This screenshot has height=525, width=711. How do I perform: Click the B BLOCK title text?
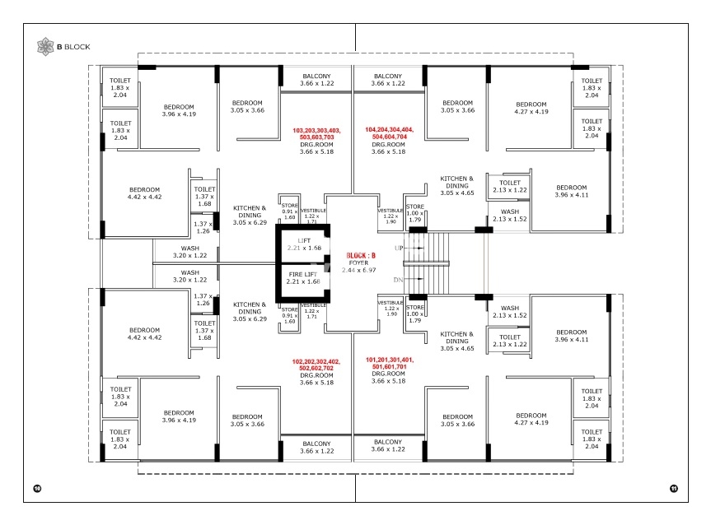(73, 46)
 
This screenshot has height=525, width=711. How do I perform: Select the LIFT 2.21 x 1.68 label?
(302, 244)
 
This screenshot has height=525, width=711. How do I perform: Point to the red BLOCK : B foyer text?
(362, 256)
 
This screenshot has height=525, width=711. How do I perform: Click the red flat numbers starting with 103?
(316, 134)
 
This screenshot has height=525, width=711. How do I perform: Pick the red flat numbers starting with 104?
(389, 134)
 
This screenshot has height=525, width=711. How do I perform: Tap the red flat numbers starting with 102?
(316, 365)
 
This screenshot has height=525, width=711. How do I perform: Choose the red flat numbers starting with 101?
(389, 364)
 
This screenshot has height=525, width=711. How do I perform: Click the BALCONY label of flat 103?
(316, 80)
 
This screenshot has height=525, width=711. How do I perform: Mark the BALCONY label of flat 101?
(388, 446)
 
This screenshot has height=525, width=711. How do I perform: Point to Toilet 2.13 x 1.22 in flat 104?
(510, 186)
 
